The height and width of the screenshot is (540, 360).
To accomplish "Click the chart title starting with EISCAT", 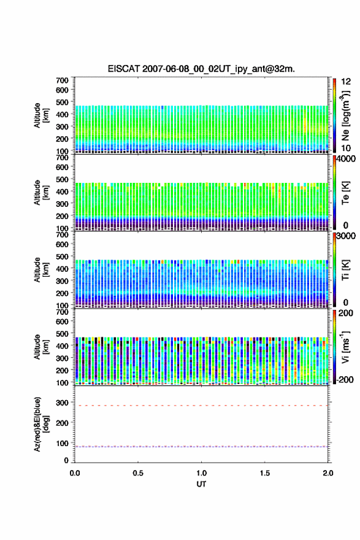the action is pyautogui.click(x=201, y=69).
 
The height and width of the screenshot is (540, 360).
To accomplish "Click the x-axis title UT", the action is pyautogui.click(x=201, y=484).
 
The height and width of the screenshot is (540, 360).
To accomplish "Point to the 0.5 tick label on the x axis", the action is pyautogui.click(x=138, y=473).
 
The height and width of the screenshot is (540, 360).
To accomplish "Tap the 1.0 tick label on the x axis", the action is pyautogui.click(x=201, y=473).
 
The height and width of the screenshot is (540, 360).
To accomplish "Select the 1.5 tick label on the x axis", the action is pyautogui.click(x=265, y=473).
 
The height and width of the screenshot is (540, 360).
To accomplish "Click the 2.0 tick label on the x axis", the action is pyautogui.click(x=328, y=473).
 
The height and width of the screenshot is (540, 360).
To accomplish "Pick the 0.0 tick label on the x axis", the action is pyautogui.click(x=75, y=473).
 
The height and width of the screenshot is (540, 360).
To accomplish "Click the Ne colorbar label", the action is pyautogui.click(x=346, y=115).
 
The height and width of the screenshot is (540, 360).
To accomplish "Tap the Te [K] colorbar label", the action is pyautogui.click(x=345, y=193).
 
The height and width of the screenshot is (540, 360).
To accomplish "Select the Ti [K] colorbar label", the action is pyautogui.click(x=345, y=270).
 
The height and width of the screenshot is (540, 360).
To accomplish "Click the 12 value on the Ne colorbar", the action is pyautogui.click(x=346, y=82).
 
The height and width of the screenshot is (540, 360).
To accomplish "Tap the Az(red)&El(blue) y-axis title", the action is pyautogui.click(x=40, y=424).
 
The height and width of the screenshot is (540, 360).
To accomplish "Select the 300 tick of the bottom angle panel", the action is pyautogui.click(x=63, y=403).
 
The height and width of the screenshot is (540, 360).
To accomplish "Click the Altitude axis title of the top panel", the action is pyautogui.click(x=40, y=115).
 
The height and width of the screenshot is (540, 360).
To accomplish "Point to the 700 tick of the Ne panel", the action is pyautogui.click(x=63, y=80).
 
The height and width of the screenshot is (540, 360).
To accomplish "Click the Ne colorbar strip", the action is pyautogui.click(x=334, y=115).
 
